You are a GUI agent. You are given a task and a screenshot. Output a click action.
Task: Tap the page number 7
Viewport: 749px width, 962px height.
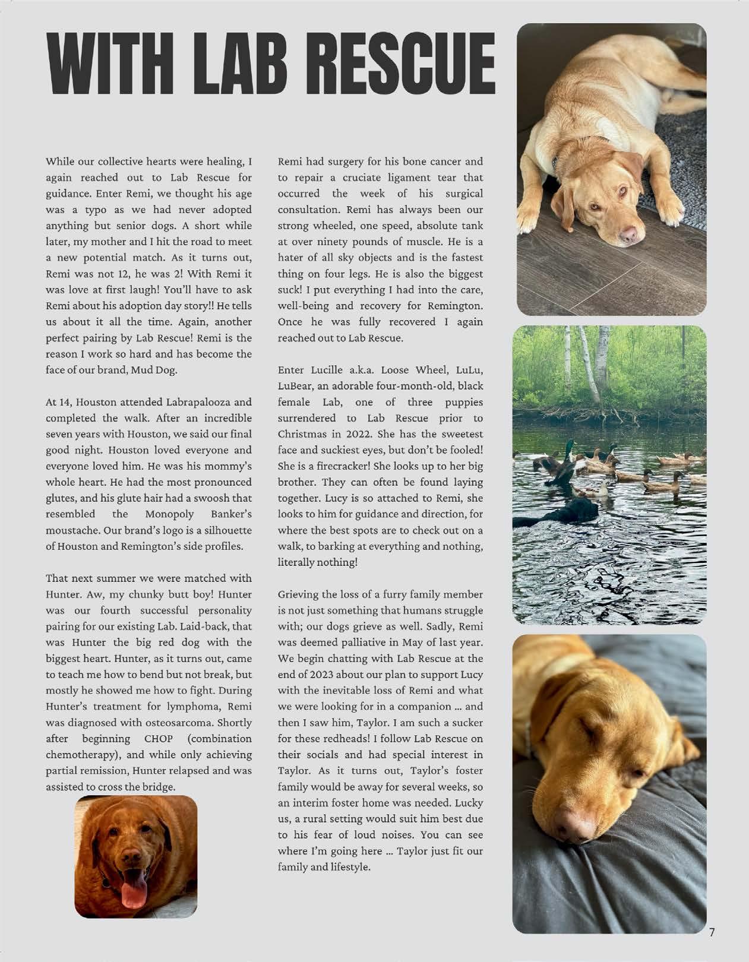coord(712,932)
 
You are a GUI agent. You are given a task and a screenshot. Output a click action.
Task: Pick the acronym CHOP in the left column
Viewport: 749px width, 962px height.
coord(159,739)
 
